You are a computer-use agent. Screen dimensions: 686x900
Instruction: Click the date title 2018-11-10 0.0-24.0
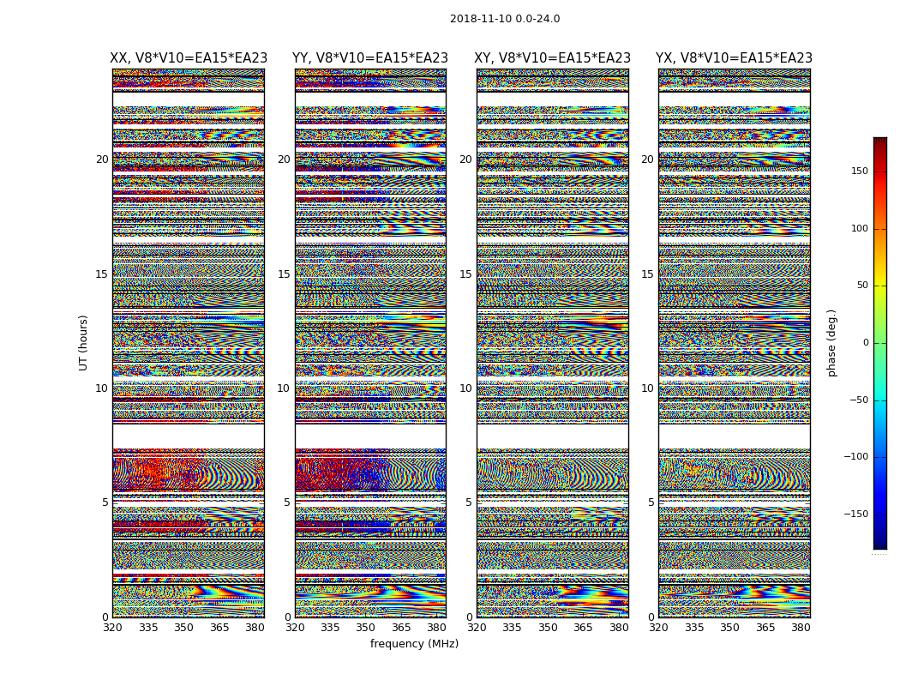click(x=505, y=19)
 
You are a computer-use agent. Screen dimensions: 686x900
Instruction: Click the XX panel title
click(x=189, y=58)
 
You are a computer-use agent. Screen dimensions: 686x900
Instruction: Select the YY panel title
click(x=370, y=58)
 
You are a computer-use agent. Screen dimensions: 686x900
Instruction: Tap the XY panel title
click(x=553, y=58)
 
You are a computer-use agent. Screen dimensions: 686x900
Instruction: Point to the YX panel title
click(x=734, y=58)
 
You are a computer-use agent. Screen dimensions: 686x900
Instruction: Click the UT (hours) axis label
click(x=83, y=342)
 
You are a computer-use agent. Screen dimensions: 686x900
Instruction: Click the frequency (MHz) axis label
click(x=414, y=644)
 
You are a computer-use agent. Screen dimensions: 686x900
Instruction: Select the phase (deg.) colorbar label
click(x=831, y=342)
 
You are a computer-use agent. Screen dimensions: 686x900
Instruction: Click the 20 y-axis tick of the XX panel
click(x=102, y=159)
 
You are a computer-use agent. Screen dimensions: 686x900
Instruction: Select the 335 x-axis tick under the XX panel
click(x=148, y=628)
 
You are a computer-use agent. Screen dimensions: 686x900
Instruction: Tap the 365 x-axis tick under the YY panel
click(x=401, y=628)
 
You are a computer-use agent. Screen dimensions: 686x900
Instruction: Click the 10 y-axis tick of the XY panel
click(x=465, y=388)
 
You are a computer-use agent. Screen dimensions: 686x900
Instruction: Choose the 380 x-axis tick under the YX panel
click(x=801, y=628)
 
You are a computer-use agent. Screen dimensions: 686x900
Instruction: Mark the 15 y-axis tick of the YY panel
click(x=284, y=274)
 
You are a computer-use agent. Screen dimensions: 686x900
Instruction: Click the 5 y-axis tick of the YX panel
click(x=651, y=502)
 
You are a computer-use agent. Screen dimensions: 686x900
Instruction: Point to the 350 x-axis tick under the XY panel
click(x=548, y=628)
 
